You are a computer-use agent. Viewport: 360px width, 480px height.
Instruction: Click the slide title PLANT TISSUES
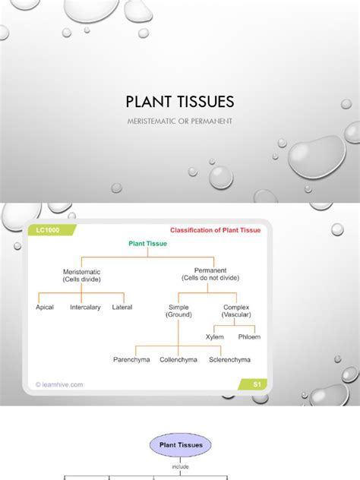pyautogui.click(x=179, y=102)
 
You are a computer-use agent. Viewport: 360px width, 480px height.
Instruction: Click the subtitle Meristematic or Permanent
pyautogui.click(x=179, y=121)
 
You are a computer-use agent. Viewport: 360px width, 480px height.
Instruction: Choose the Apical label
pyautogui.click(x=45, y=308)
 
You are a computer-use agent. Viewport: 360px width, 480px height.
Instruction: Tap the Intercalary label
pyautogui.click(x=85, y=308)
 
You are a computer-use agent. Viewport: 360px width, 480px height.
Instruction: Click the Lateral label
pyautogui.click(x=122, y=308)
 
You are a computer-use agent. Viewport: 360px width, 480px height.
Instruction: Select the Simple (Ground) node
pyautogui.click(x=178, y=311)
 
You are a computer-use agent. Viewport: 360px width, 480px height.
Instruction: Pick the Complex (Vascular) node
pyautogui.click(x=236, y=311)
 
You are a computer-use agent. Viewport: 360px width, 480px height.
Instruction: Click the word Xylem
pyautogui.click(x=215, y=336)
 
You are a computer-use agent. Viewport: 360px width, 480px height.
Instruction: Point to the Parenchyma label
pyautogui.click(x=131, y=359)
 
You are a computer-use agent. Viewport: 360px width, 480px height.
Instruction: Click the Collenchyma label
pyautogui.click(x=178, y=359)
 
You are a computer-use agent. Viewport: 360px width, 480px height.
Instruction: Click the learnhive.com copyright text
pyautogui.click(x=60, y=384)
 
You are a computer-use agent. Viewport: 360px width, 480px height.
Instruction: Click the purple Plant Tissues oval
pyautogui.click(x=181, y=445)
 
